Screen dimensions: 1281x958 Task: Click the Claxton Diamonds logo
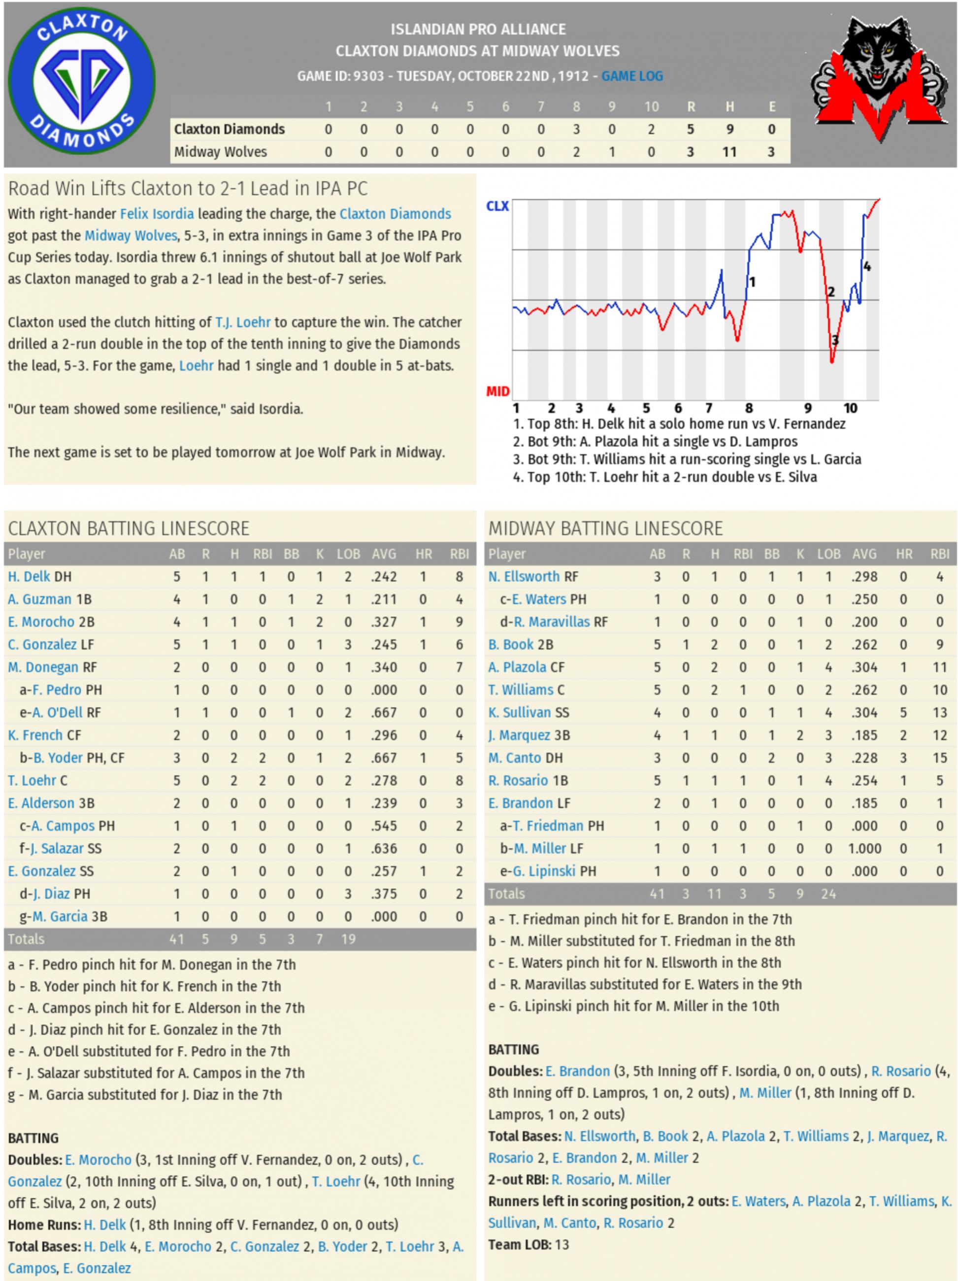point(82,82)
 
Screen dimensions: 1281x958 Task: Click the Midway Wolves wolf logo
point(879,79)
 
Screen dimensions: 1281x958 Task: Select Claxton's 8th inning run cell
point(576,129)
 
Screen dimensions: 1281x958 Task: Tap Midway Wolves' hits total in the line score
point(729,152)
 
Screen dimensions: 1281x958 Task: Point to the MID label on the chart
point(497,391)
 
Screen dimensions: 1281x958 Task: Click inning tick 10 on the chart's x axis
point(850,408)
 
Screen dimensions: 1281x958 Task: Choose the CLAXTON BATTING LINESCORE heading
point(129,528)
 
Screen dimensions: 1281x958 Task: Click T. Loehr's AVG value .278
point(384,781)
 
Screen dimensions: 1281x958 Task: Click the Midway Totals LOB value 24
point(828,894)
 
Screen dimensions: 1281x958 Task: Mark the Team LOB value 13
point(562,1245)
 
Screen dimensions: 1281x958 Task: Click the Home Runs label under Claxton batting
point(44,1224)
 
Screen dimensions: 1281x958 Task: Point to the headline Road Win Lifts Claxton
point(188,189)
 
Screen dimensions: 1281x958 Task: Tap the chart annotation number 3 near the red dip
point(835,341)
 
